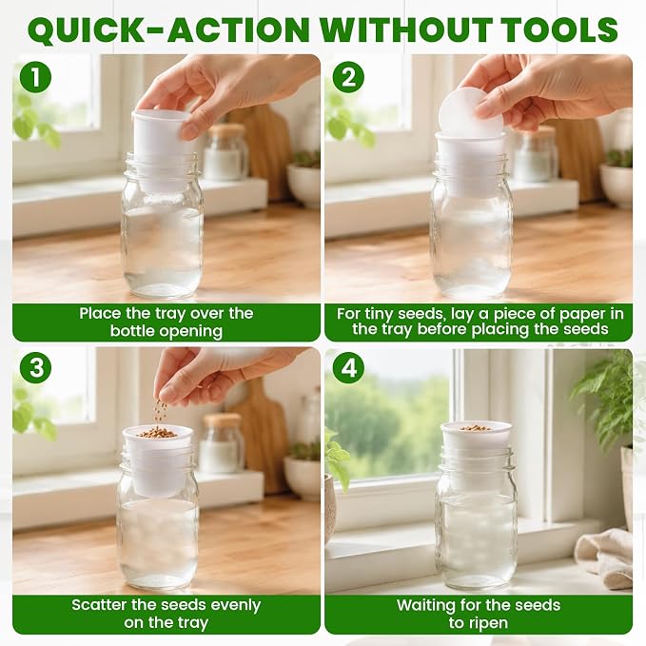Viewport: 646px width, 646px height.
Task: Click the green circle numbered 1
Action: coord(35,77)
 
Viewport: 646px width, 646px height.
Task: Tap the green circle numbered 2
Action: coord(348,77)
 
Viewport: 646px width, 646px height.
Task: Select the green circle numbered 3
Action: coord(36,367)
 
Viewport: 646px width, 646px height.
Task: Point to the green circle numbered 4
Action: coord(348,368)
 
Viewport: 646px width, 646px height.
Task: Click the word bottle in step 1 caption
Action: coord(133,331)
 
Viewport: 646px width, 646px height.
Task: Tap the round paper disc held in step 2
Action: coord(471,111)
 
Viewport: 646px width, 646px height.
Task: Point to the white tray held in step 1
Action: coord(162,149)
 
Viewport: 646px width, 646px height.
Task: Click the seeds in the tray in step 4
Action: coord(476,428)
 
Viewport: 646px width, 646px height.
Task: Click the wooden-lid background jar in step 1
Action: coord(225,152)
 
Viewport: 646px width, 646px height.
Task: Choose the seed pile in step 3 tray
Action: coord(157,433)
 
